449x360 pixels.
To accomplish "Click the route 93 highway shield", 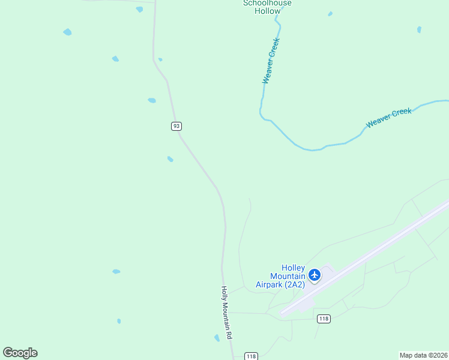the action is (x=176, y=126).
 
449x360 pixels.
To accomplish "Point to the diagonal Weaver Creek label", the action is (x=389, y=118).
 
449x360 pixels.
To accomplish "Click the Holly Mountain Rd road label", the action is (x=226, y=313).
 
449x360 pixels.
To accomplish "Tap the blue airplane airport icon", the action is (x=314, y=275).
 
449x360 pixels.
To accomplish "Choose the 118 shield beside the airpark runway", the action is (x=324, y=319).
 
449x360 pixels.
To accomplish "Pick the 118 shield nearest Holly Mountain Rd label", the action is (x=252, y=356).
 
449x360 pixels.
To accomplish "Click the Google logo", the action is (x=20, y=353).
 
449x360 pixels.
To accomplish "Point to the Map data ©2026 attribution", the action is (x=424, y=355).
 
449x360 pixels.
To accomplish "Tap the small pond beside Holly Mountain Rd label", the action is (x=217, y=338).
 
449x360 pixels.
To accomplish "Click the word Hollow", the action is (x=267, y=11).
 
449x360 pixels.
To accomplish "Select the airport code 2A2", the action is (x=295, y=284).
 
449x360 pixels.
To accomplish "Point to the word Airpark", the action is (x=269, y=284).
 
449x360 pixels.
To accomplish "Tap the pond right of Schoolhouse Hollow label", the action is (x=330, y=14).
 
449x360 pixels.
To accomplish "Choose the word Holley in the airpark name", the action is (x=294, y=268).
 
